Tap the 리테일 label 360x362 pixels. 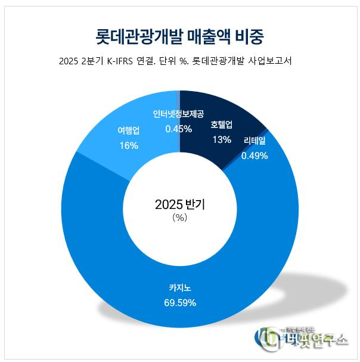(x=255, y=142)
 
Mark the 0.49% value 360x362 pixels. (x=255, y=155)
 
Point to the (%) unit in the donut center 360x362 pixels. (x=179, y=218)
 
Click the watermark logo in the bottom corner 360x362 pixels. (x=304, y=338)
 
